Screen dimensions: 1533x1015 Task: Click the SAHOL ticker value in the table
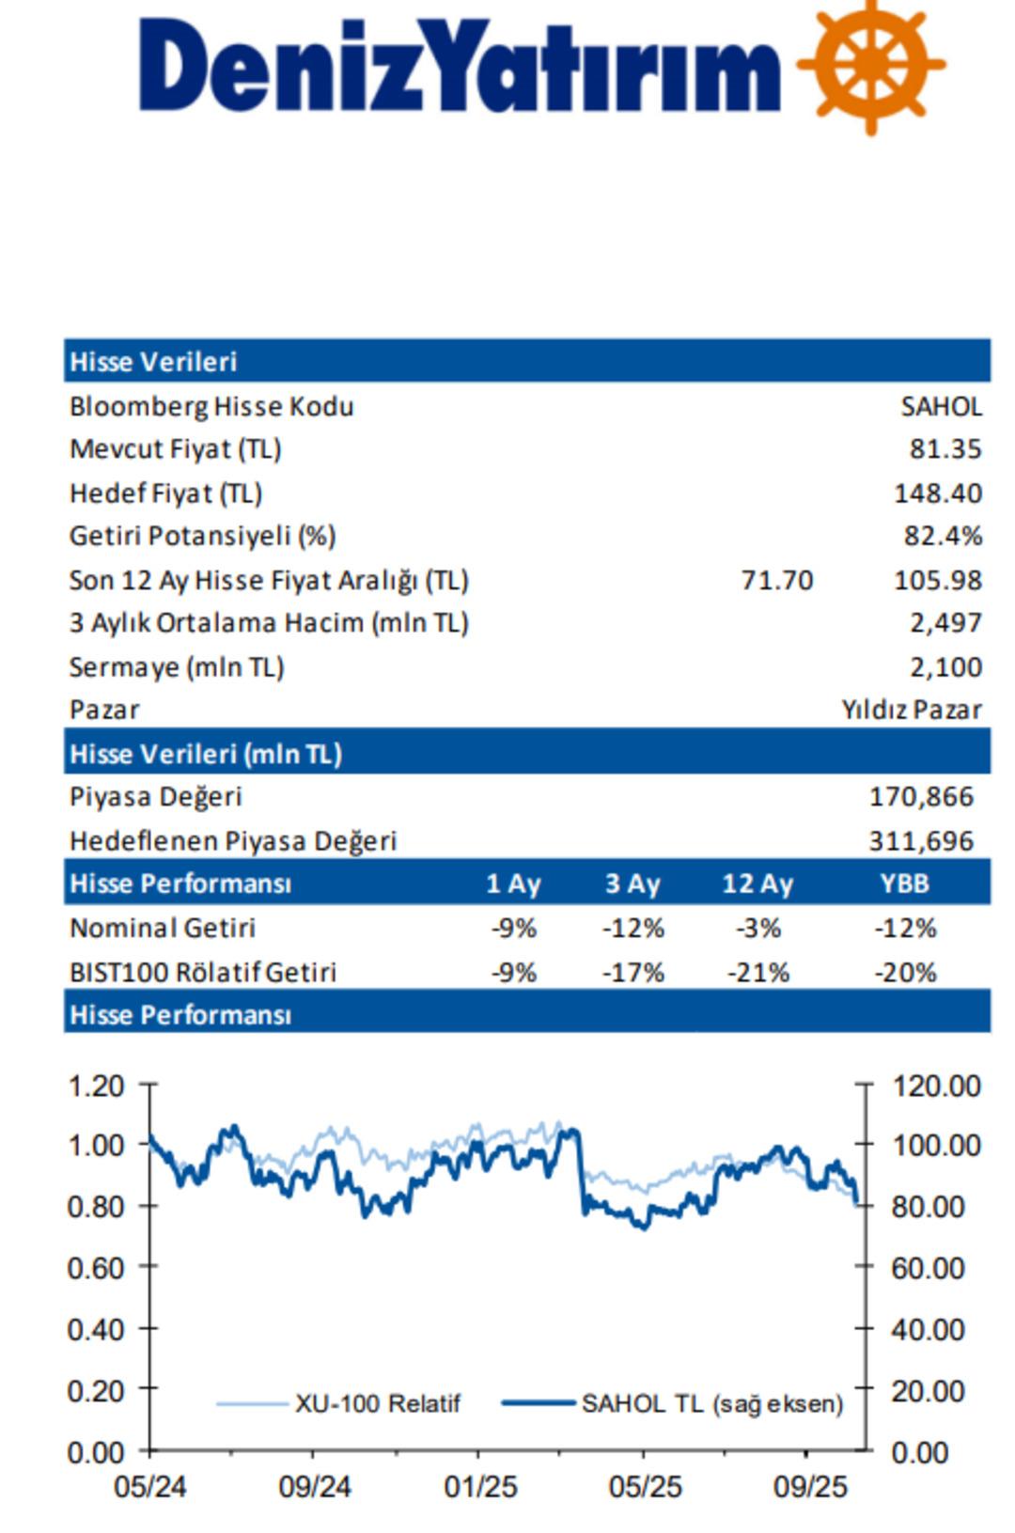pyautogui.click(x=941, y=407)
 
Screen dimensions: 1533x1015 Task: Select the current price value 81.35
pyautogui.click(x=945, y=449)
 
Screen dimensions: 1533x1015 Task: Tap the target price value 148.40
pyautogui.click(x=937, y=493)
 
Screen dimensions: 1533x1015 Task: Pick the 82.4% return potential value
pyautogui.click(x=943, y=536)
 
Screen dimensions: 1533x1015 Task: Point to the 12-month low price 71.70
pyautogui.click(x=777, y=580)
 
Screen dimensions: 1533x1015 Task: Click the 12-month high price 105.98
pyautogui.click(x=937, y=580)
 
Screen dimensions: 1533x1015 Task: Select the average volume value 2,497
pyautogui.click(x=945, y=623)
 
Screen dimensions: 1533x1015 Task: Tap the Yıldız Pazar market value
pyautogui.click(x=911, y=710)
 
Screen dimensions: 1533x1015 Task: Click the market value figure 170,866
pyautogui.click(x=921, y=797)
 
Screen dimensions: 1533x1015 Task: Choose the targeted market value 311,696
pyautogui.click(x=921, y=840)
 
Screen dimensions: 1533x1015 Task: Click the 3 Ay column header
pyautogui.click(x=632, y=884)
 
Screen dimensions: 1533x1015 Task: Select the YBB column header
pyautogui.click(x=904, y=884)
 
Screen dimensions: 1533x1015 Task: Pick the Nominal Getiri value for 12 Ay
pyautogui.click(x=758, y=929)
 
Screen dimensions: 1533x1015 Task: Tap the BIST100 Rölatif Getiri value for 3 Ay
pyautogui.click(x=632, y=972)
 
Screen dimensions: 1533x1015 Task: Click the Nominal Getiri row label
pyautogui.click(x=163, y=929)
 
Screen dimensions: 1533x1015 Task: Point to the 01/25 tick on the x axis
pyautogui.click(x=480, y=1487)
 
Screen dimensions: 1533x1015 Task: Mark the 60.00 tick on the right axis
pyautogui.click(x=928, y=1268)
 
